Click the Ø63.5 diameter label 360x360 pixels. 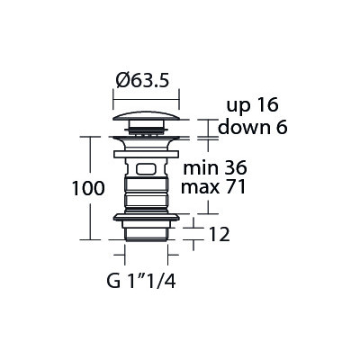142,81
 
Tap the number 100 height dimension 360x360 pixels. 88,188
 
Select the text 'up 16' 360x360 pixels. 252,105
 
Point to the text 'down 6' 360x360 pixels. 253,127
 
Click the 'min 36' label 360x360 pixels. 215,168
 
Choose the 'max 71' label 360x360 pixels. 213,187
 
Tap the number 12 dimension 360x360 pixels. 219,234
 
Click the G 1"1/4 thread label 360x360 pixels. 141,282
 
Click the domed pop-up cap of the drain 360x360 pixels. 146,116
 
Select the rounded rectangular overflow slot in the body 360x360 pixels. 146,169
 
